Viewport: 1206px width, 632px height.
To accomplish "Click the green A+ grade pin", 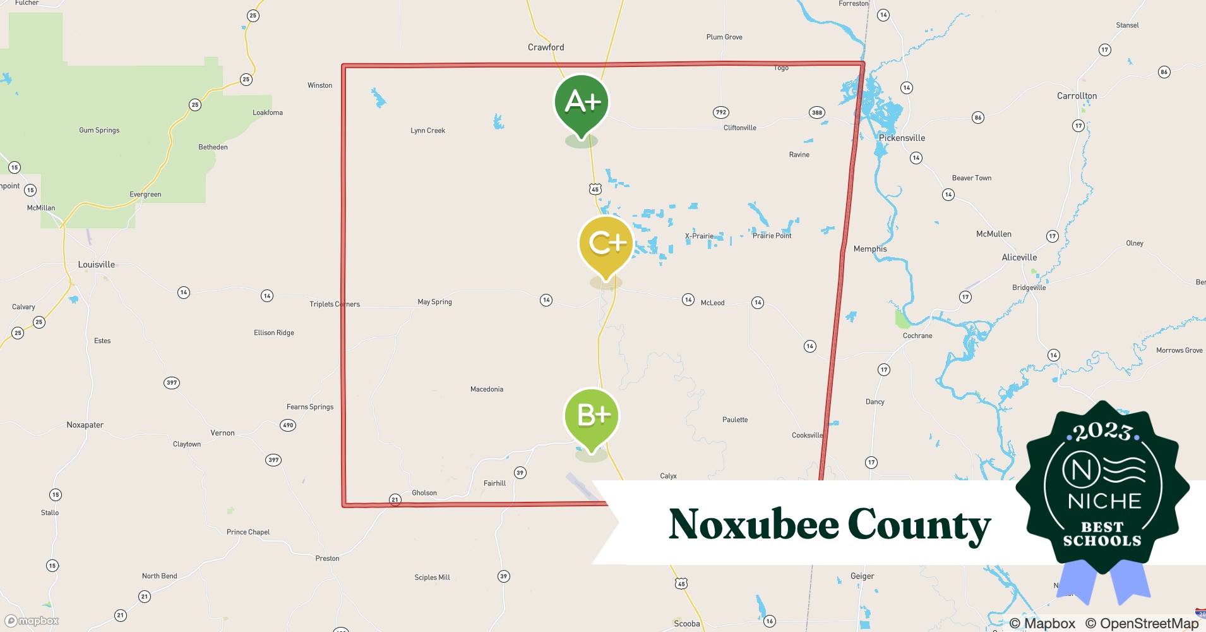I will point(581,102).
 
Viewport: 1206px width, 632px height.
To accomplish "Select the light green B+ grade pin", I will point(592,416).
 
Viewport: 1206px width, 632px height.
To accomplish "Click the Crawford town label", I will point(546,47).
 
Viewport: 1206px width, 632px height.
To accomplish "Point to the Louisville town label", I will point(96,265).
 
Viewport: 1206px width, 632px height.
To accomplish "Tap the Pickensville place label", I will point(902,138).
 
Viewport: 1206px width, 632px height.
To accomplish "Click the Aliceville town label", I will point(1019,257).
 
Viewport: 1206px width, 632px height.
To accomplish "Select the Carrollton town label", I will point(1077,96).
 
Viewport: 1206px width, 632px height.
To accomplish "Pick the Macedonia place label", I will point(486,389).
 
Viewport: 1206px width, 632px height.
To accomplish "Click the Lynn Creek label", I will point(427,131).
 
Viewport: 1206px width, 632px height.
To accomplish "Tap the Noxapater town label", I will point(85,425).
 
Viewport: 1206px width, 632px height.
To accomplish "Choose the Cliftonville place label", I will point(739,128).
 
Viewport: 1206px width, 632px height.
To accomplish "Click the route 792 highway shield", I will point(720,112).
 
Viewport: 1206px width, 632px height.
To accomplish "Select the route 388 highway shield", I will point(816,112).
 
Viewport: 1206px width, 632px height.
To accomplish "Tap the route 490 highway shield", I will point(288,425).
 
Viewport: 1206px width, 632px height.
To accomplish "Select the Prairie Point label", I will point(772,236).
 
